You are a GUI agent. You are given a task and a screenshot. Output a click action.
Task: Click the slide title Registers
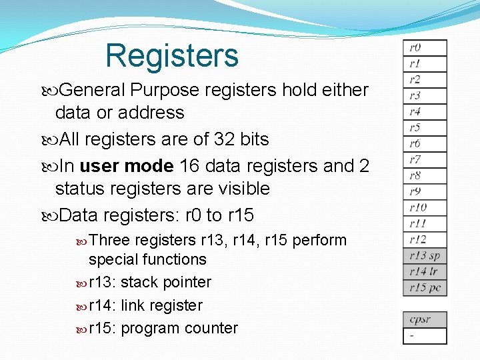pos(172,55)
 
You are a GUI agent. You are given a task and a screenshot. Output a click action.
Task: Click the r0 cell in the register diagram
pos(425,48)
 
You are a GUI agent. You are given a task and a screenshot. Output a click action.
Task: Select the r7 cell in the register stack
pos(425,159)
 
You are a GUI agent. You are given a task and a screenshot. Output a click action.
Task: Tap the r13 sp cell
pos(425,256)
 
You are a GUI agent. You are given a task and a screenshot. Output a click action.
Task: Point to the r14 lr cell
pos(425,272)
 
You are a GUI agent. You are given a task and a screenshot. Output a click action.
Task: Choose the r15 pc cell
pos(425,288)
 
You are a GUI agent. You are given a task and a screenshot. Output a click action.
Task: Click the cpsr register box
pos(425,319)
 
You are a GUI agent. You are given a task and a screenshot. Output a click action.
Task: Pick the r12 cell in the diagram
pos(425,239)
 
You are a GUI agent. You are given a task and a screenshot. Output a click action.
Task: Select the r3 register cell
pos(425,96)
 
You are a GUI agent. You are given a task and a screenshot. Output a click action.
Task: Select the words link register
pos(161,305)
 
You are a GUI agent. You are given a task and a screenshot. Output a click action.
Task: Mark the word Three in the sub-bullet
pos(109,241)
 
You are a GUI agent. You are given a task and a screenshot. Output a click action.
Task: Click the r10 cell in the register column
pos(425,207)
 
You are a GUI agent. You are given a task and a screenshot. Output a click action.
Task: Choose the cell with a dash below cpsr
pos(425,335)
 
